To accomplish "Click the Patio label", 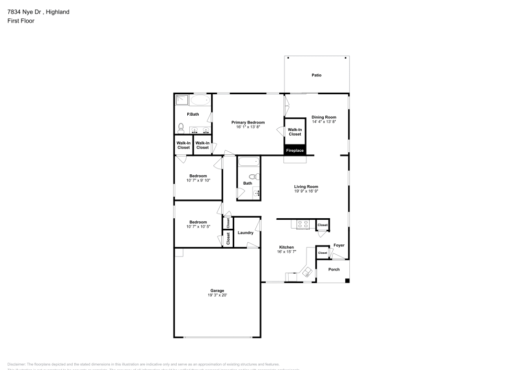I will click(x=316, y=75).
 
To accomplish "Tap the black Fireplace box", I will click(x=294, y=150).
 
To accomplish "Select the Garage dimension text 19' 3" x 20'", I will click(x=217, y=295).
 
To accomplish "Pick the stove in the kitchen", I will click(x=303, y=225).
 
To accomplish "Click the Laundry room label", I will click(x=245, y=233).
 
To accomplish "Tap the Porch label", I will click(x=334, y=270).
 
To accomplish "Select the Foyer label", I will click(x=339, y=245).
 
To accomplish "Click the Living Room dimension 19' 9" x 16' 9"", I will click(x=306, y=192).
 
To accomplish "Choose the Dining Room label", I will click(x=324, y=117).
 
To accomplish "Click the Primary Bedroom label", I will click(x=248, y=122).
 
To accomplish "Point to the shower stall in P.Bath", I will click(x=181, y=100).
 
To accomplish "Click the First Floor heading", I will click(x=21, y=21).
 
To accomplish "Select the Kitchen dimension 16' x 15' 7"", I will click(x=287, y=252).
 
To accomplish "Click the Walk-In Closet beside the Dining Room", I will click(x=294, y=132).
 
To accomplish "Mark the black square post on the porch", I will click(x=347, y=282).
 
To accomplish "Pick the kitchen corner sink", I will click(x=307, y=271).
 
